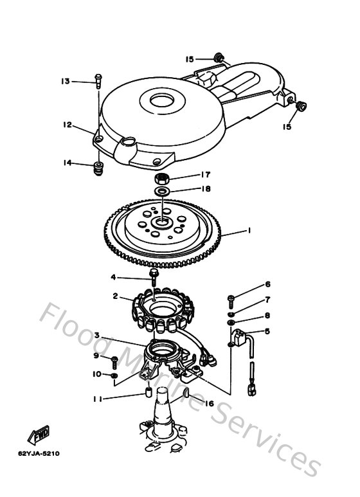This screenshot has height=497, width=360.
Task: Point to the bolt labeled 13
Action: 97,80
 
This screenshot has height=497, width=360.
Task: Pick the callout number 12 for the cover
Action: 67,125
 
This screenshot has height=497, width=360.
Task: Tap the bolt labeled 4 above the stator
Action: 154,276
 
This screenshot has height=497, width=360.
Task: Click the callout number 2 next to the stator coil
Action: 114,296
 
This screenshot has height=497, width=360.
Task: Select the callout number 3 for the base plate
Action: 96,335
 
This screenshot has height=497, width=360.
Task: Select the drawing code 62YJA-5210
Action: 38,453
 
